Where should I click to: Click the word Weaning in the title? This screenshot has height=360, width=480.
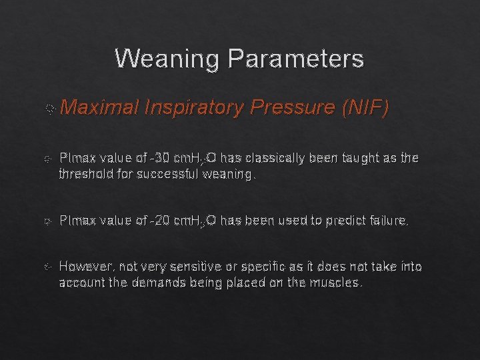(167, 59)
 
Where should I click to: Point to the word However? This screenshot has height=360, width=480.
(85, 266)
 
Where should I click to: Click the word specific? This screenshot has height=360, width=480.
(261, 266)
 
